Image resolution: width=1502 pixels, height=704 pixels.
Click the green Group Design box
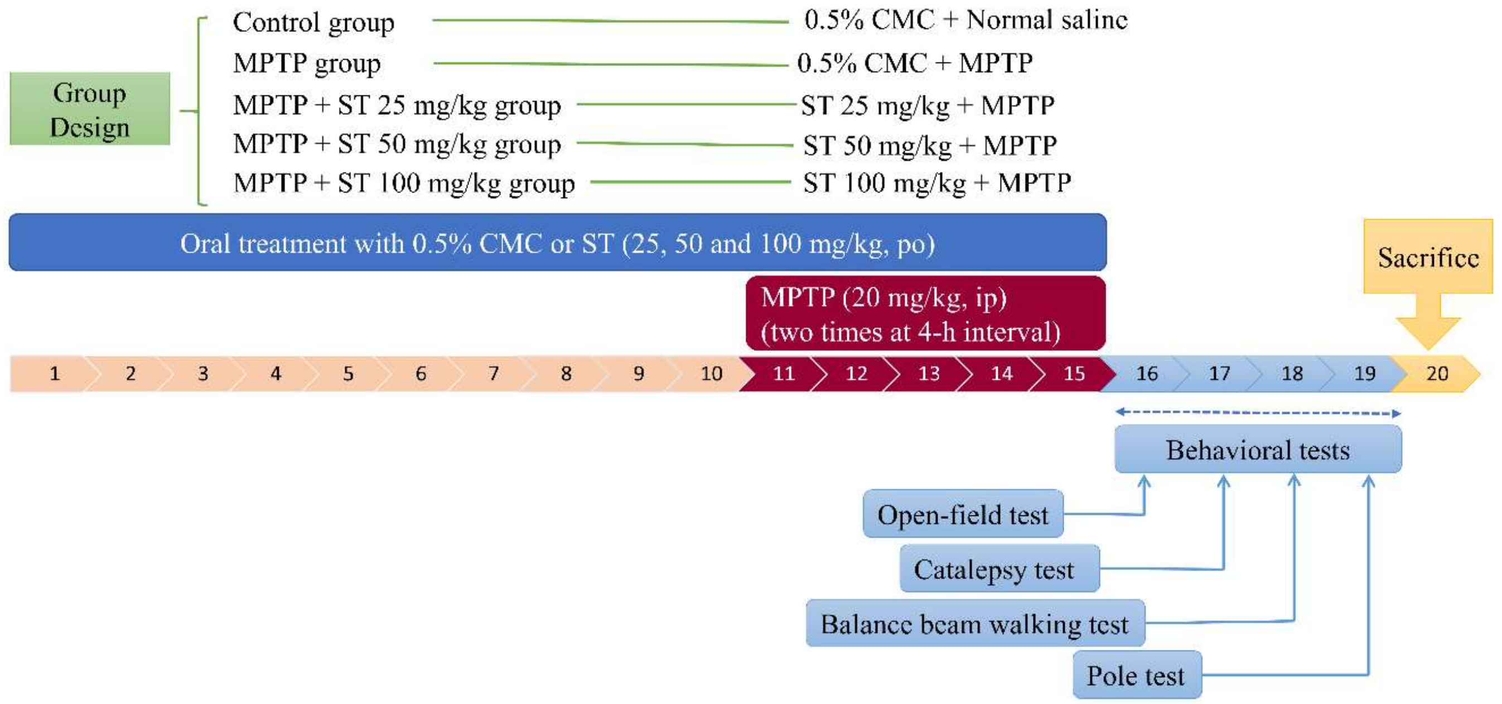point(89,109)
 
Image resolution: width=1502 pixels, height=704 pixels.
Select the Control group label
point(313,23)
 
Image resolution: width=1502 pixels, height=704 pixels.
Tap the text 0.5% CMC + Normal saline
point(965,21)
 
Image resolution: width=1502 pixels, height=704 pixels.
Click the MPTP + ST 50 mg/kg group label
point(397,144)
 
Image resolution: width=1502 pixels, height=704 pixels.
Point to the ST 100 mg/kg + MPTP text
point(936,183)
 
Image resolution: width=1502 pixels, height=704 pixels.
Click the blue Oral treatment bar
point(557,243)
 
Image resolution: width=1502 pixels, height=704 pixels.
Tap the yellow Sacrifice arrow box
point(1428,257)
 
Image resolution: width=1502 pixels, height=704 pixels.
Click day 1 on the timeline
point(54,373)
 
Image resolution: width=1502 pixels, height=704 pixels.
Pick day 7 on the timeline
point(493,373)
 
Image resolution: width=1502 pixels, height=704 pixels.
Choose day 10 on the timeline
point(711,373)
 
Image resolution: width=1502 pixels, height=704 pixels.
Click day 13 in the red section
point(928,373)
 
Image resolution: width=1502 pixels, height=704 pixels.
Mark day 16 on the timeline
point(1146,373)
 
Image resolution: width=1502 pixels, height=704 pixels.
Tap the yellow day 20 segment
point(1437,373)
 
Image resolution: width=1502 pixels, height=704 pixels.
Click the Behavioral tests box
point(1258,450)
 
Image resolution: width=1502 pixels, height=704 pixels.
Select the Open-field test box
point(963,514)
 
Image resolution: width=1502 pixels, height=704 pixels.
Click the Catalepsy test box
point(999,569)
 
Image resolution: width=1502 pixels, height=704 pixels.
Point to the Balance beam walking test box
point(974,624)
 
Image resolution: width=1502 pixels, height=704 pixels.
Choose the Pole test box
point(1136,676)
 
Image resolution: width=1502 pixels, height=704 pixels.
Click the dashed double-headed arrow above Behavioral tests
point(1258,413)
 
